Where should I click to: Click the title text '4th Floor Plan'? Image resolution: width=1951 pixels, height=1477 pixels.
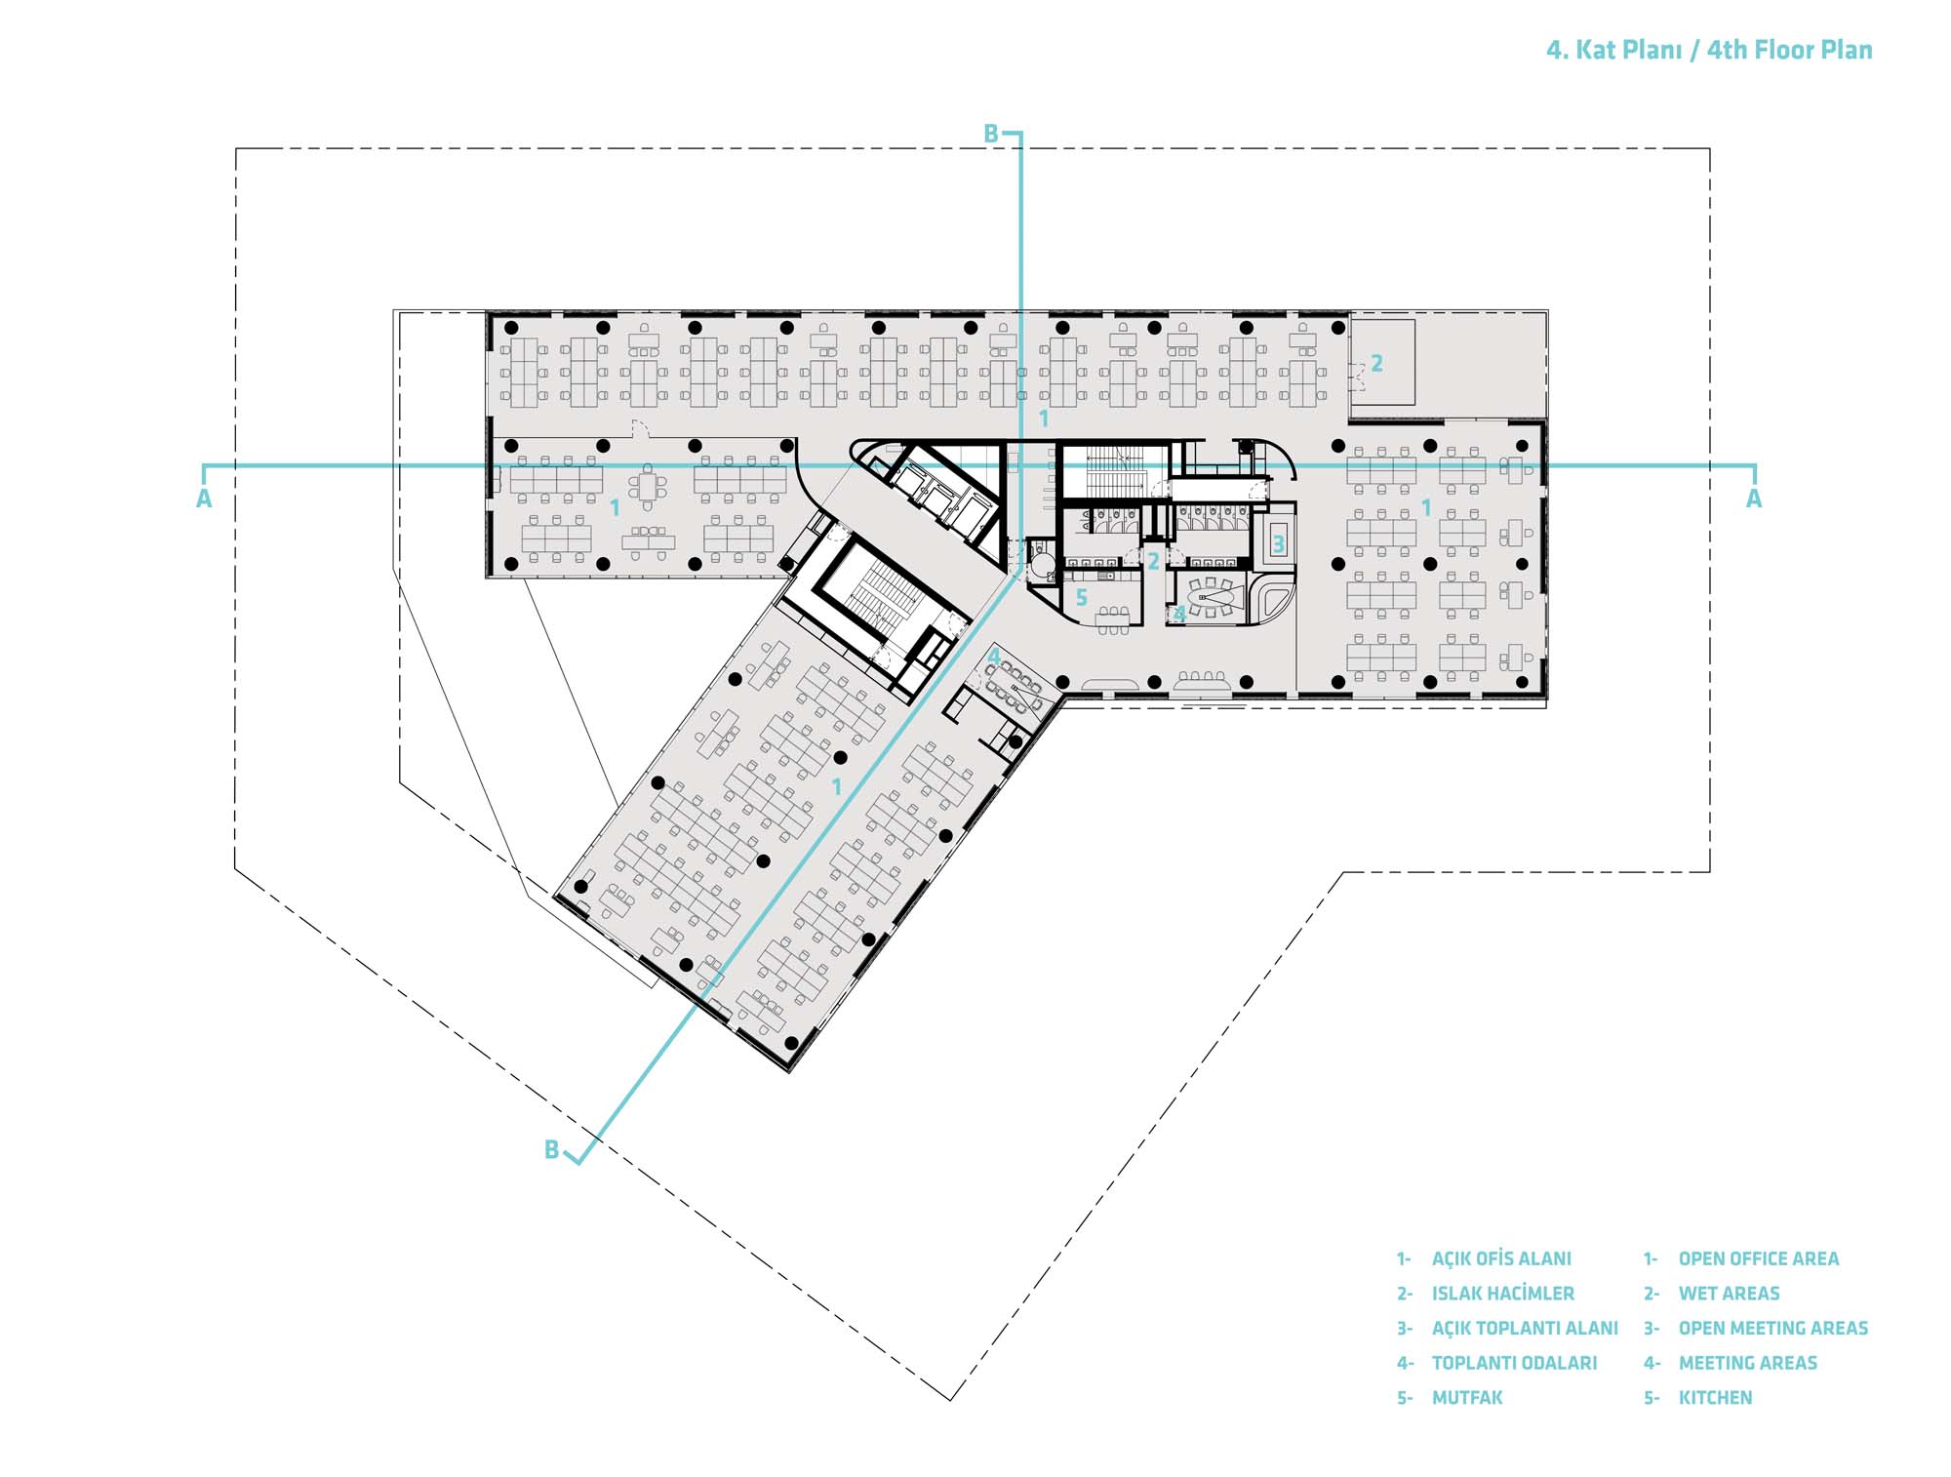1789,51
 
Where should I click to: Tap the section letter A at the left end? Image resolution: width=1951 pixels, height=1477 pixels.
204,499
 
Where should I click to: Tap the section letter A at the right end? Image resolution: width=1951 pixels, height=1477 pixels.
1754,499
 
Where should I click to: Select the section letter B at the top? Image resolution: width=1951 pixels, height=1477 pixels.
991,135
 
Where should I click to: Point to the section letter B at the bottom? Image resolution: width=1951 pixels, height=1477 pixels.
551,1150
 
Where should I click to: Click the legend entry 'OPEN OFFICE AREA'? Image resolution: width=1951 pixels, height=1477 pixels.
1758,1259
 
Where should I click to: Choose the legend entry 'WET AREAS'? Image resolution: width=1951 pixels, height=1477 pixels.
1729,1294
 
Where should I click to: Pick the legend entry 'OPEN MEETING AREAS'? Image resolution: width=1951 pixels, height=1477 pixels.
1772,1329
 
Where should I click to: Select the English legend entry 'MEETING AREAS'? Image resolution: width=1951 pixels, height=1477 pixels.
1747,1363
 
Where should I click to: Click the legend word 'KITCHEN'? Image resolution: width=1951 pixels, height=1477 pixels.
1715,1398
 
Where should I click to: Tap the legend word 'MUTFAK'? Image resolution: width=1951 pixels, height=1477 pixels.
1467,1398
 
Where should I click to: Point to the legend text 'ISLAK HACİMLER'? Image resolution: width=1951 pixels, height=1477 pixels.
1502,1294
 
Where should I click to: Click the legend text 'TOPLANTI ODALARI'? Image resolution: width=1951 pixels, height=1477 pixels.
1514,1363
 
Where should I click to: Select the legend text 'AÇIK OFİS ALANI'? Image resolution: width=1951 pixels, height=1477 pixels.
1501,1259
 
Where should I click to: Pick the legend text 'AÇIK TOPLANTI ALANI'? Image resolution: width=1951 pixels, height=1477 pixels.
1525,1329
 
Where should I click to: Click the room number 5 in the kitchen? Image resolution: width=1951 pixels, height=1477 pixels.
1081,598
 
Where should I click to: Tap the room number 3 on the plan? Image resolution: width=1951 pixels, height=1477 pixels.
1278,544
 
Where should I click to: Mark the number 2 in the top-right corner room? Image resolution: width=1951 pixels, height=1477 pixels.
1376,363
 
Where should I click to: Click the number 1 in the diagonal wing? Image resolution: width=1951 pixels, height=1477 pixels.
836,786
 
